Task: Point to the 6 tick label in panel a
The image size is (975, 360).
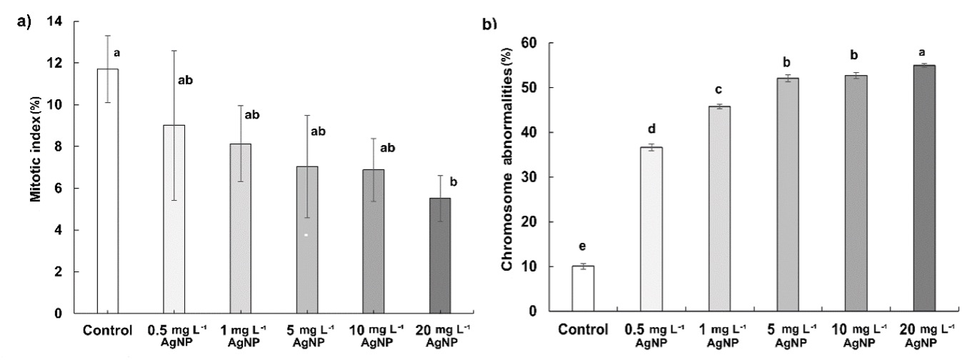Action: (76, 189)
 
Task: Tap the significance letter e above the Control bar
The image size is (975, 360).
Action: (583, 247)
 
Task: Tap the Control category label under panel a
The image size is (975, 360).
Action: (106, 331)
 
